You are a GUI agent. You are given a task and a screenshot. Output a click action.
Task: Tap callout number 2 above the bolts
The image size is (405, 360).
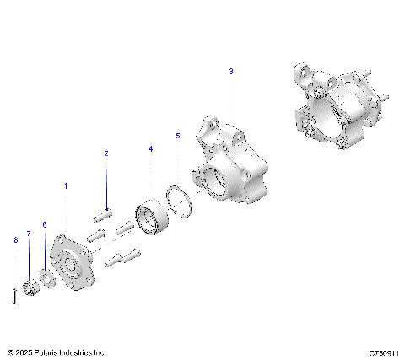[x=106, y=153]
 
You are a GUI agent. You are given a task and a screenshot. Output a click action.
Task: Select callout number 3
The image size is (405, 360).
[x=231, y=73]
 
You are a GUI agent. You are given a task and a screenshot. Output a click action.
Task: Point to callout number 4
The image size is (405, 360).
[x=150, y=148]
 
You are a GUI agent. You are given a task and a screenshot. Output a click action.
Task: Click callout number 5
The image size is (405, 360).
[x=177, y=135]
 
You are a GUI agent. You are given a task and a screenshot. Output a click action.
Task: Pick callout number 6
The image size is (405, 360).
[x=44, y=225]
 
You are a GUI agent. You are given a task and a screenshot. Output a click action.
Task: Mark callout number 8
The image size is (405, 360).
[x=15, y=240]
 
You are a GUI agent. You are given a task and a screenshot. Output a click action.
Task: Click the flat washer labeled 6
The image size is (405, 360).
[x=47, y=279]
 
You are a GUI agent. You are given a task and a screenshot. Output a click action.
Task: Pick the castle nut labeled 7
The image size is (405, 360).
[x=31, y=287]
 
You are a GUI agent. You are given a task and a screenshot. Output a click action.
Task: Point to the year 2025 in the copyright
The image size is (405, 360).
[x=24, y=352]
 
